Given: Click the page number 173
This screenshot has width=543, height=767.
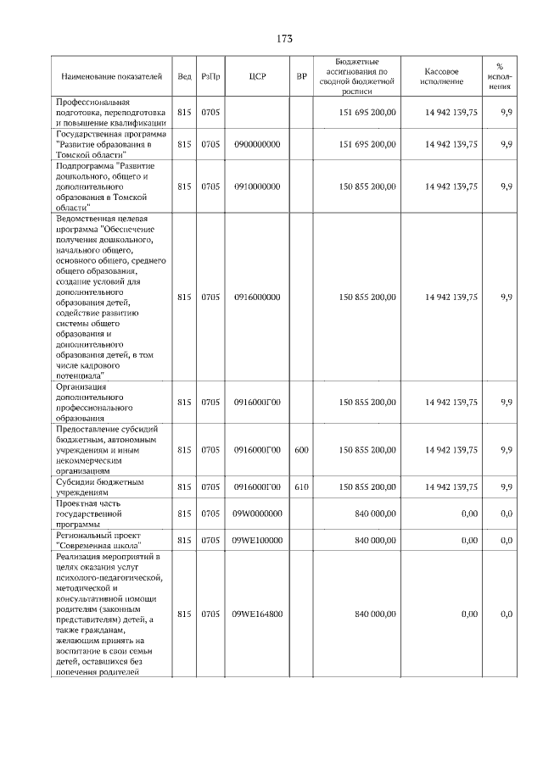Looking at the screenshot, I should click(x=284, y=39).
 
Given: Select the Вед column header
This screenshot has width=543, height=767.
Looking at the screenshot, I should click(x=184, y=76).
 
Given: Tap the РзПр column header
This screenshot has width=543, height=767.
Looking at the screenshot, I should click(x=210, y=76).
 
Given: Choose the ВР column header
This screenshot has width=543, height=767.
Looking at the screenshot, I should click(x=301, y=76).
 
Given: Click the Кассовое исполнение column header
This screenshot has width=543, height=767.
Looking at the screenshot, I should click(x=441, y=76).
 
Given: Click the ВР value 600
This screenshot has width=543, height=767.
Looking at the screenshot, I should click(x=301, y=450).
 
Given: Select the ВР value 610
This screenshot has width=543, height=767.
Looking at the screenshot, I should click(x=301, y=487).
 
